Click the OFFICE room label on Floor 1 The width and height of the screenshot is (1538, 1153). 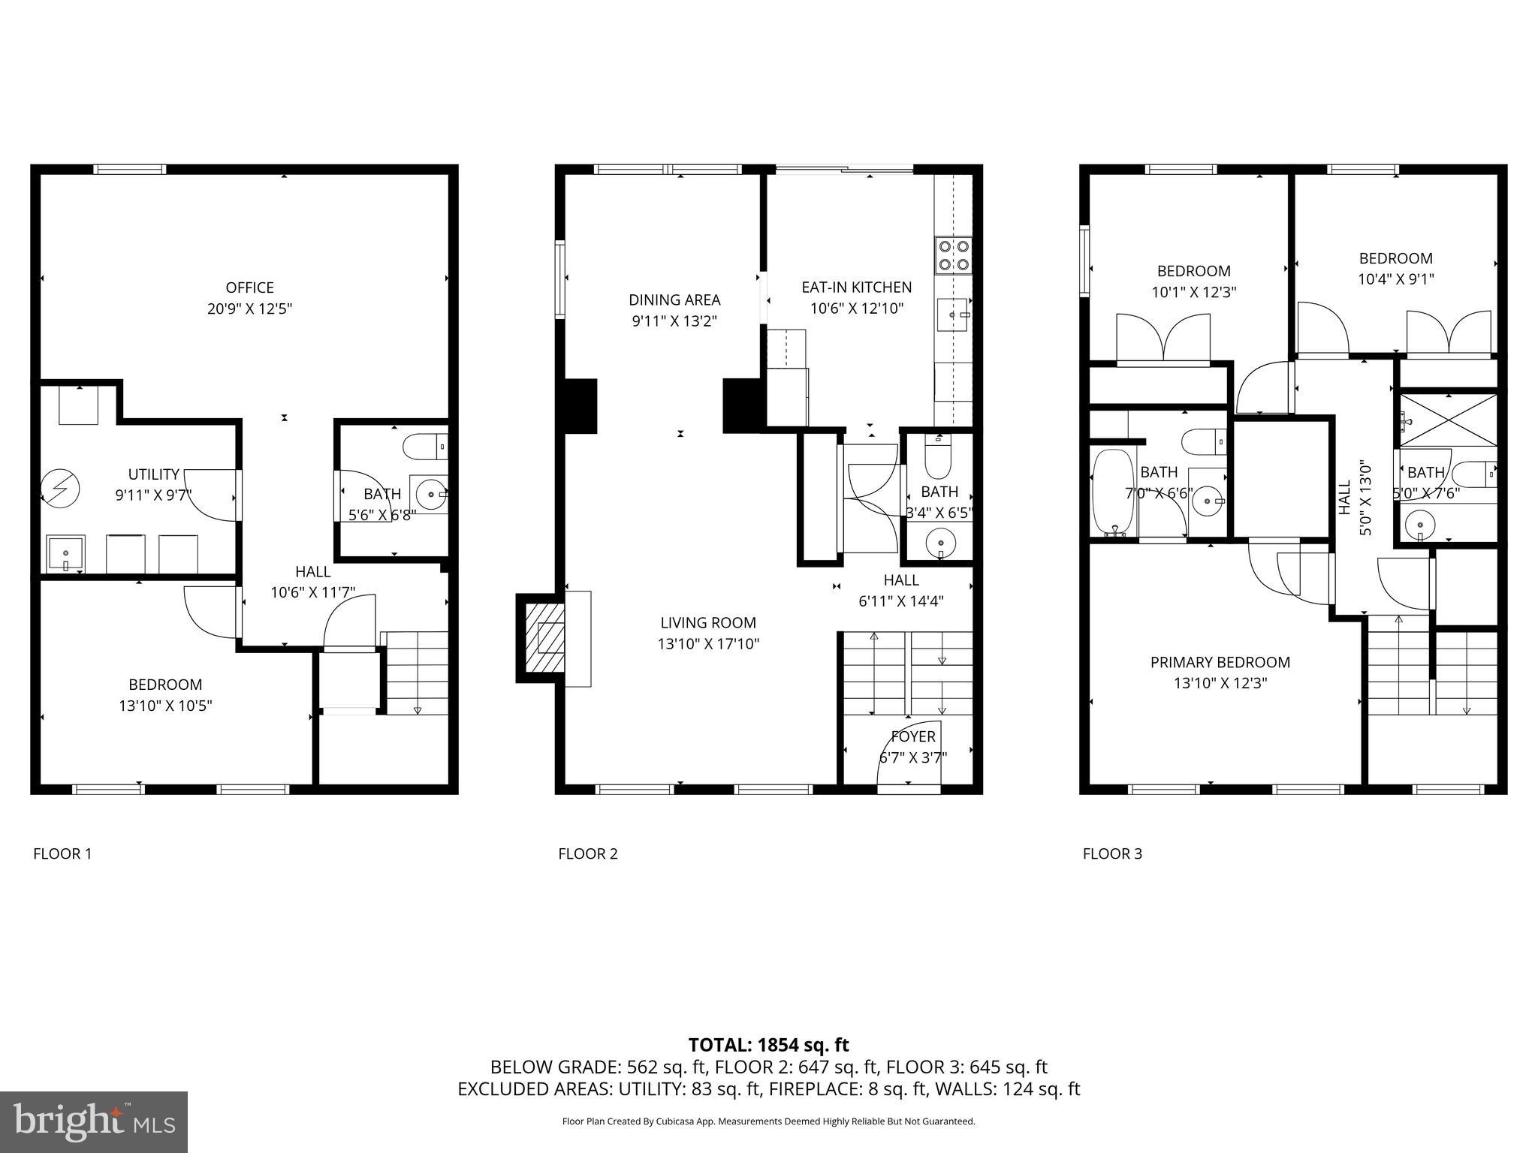click(x=249, y=287)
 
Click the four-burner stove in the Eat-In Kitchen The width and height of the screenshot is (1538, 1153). click(x=953, y=255)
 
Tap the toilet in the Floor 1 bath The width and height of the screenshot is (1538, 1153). click(x=425, y=447)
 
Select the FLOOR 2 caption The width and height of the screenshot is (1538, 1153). click(x=587, y=853)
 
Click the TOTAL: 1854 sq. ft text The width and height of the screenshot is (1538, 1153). click(x=768, y=1045)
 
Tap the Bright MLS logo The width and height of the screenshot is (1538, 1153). click(x=94, y=1121)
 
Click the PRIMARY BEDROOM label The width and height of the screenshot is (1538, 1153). click(x=1220, y=662)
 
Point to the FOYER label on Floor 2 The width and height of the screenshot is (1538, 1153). click(x=913, y=736)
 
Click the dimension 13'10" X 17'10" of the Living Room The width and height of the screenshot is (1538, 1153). click(x=708, y=643)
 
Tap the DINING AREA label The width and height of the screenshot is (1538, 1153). click(x=674, y=300)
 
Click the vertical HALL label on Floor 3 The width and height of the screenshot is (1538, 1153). click(x=1344, y=498)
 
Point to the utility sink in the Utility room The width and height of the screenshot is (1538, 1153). click(x=65, y=553)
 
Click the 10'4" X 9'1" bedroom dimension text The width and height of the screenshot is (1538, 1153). click(x=1395, y=279)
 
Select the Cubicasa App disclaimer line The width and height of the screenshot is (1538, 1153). click(x=768, y=1121)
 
